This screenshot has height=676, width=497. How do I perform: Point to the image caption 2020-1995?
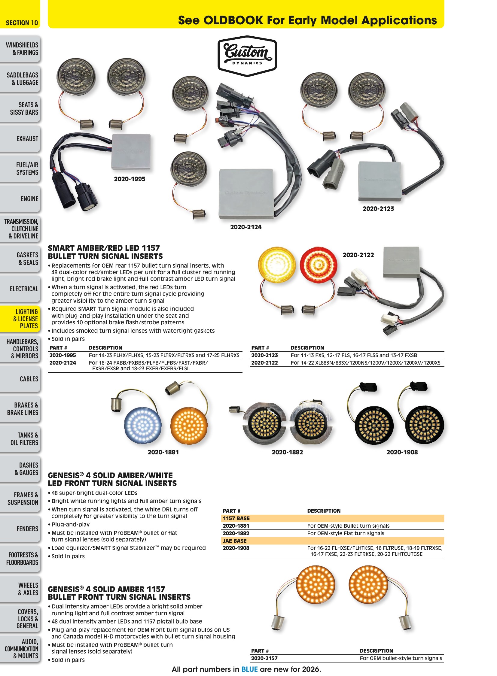130,179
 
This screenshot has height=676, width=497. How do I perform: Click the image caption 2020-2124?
246,227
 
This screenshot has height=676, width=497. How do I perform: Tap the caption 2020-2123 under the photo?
378,209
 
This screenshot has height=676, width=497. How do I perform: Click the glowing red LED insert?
319,265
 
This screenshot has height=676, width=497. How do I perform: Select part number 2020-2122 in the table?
264,363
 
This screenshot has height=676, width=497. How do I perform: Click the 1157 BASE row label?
236,518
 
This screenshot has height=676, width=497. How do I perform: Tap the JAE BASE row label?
234,541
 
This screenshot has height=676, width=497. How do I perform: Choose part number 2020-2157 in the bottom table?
264,658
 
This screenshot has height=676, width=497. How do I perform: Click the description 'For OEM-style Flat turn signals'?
346,533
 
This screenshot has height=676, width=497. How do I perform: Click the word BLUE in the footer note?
249,669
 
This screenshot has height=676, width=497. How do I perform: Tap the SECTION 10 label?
22,23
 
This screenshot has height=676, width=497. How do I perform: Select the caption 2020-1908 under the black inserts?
402,452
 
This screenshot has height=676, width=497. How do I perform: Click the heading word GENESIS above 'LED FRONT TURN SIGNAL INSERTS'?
64,475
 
